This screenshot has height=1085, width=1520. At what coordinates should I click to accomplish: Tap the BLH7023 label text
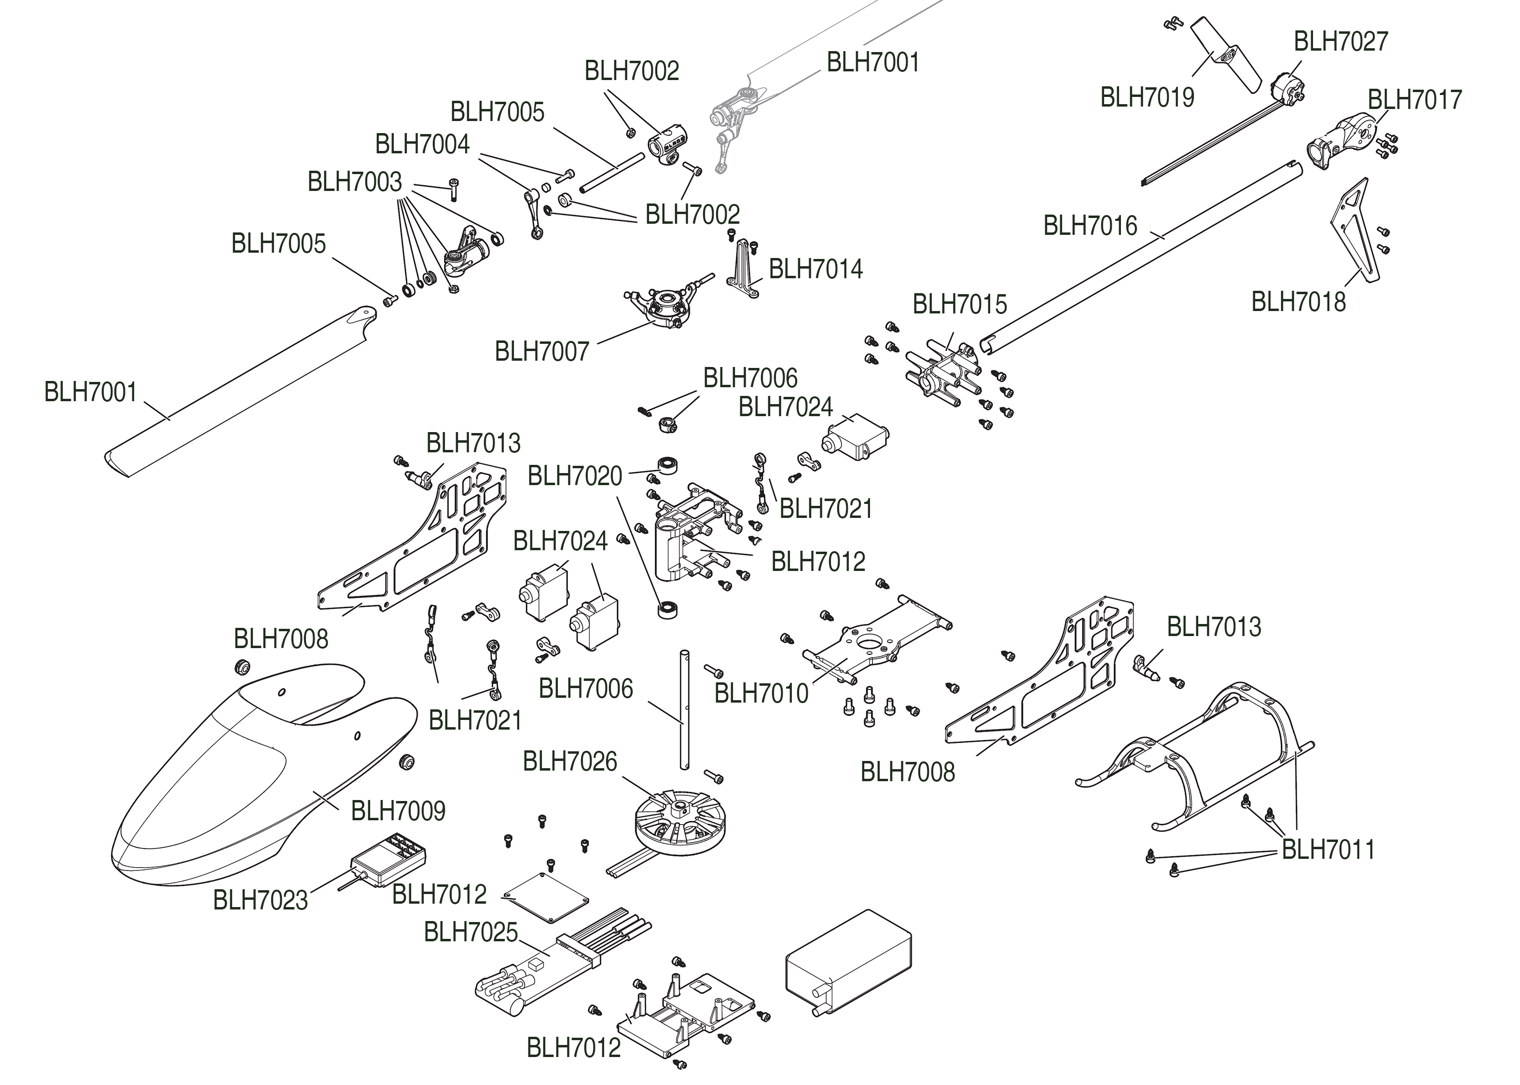260,900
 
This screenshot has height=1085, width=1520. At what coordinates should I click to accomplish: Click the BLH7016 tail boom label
1090,226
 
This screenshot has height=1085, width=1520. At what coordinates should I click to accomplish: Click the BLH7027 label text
1341,41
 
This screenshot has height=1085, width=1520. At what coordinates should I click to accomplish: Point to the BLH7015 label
959,305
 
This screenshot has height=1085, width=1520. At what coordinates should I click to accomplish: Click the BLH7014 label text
815,269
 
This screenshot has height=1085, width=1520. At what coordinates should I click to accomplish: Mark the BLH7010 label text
761,693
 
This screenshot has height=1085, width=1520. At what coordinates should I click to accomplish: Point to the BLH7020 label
575,476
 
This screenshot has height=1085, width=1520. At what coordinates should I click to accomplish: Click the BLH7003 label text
354,182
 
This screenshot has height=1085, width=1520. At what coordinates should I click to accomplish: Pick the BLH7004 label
422,144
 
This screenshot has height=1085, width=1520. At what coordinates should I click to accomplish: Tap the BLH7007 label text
541,352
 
